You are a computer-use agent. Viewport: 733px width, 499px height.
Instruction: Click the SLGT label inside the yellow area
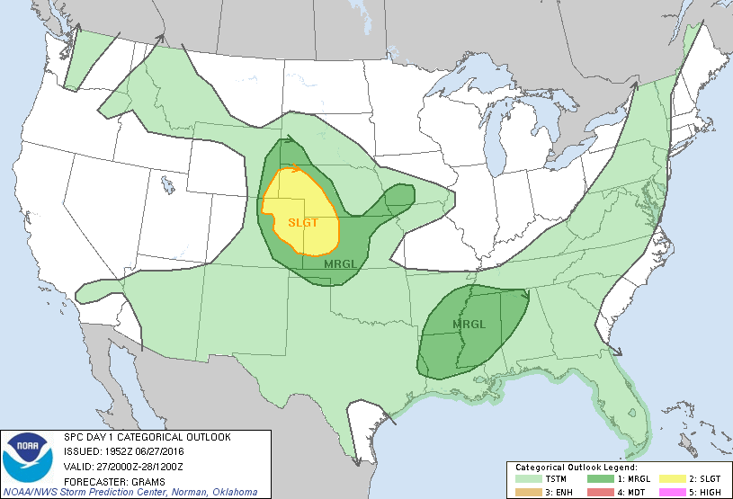click(302, 222)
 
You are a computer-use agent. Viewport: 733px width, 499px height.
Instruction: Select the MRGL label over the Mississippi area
click(469, 324)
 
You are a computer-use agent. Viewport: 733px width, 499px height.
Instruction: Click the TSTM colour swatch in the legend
click(524, 478)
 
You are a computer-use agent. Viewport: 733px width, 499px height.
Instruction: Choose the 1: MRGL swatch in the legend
click(594, 478)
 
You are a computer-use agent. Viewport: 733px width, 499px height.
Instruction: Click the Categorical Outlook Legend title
click(576, 468)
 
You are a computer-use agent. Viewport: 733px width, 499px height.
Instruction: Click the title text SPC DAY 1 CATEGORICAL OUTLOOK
click(146, 437)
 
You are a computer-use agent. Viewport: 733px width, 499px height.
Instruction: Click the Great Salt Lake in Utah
click(169, 186)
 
